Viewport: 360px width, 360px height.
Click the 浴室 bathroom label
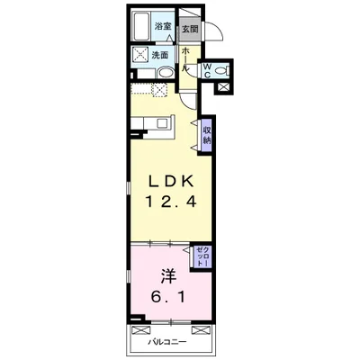click(x=163, y=26)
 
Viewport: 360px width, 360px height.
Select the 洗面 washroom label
click(x=159, y=55)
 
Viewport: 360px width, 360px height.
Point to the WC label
click(x=207, y=70)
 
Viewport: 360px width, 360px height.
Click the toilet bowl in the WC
click(x=221, y=71)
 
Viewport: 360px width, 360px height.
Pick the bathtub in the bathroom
click(x=142, y=26)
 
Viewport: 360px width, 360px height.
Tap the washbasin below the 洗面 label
click(x=166, y=73)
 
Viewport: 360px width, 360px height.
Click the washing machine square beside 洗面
click(x=140, y=55)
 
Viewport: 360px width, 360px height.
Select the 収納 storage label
click(x=207, y=135)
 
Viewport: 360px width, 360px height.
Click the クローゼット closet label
click(x=202, y=256)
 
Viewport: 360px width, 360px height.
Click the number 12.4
click(x=171, y=201)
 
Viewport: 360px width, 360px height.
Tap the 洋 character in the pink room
click(x=168, y=276)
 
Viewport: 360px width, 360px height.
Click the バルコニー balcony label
click(x=167, y=342)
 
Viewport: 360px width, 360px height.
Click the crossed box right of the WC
click(x=223, y=87)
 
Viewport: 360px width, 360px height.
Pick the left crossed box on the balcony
click(x=140, y=329)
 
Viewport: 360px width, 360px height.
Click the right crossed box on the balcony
click(x=201, y=329)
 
